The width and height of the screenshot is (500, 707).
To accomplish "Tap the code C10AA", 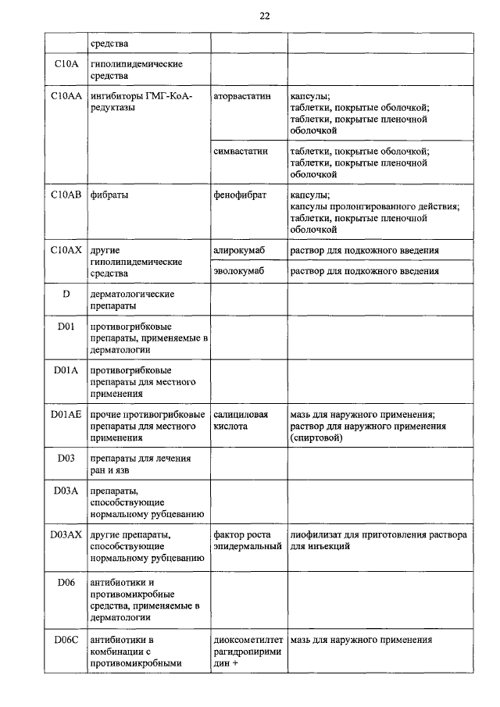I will pos(66,95).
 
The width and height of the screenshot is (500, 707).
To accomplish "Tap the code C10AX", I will pos(66,250).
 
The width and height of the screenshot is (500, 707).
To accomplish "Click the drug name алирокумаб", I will pos(239,250).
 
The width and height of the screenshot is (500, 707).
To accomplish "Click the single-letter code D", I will pos(66,294).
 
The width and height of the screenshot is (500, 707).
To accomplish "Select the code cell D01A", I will pos(66,370).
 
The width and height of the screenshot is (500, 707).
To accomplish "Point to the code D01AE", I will pos(66,414).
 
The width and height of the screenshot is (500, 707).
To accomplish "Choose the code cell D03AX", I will pos(66,534).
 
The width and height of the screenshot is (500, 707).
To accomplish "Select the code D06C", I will pos(66,640).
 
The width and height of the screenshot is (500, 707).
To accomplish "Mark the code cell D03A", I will pos(66,490).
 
